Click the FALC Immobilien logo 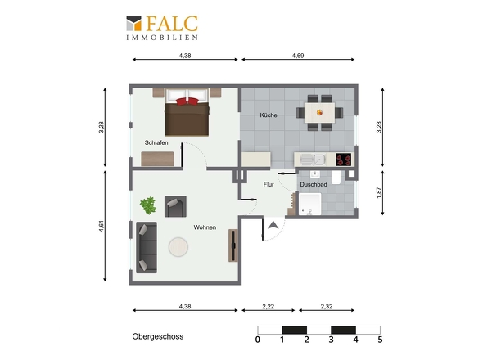(162, 28)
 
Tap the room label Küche (269, 115)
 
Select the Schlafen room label (156, 142)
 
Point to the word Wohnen (205, 227)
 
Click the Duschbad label (314, 184)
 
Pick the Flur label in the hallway (269, 184)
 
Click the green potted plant (148, 205)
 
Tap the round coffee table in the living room (178, 247)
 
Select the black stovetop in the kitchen (344, 160)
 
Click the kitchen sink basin (319, 160)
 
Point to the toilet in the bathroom (336, 178)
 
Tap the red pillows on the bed (187, 101)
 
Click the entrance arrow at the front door (273, 226)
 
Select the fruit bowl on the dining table (320, 113)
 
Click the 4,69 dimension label (298, 56)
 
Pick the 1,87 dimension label (379, 193)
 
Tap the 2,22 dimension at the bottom (269, 307)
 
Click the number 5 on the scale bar (380, 340)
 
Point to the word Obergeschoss (158, 336)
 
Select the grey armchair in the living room (175, 206)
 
